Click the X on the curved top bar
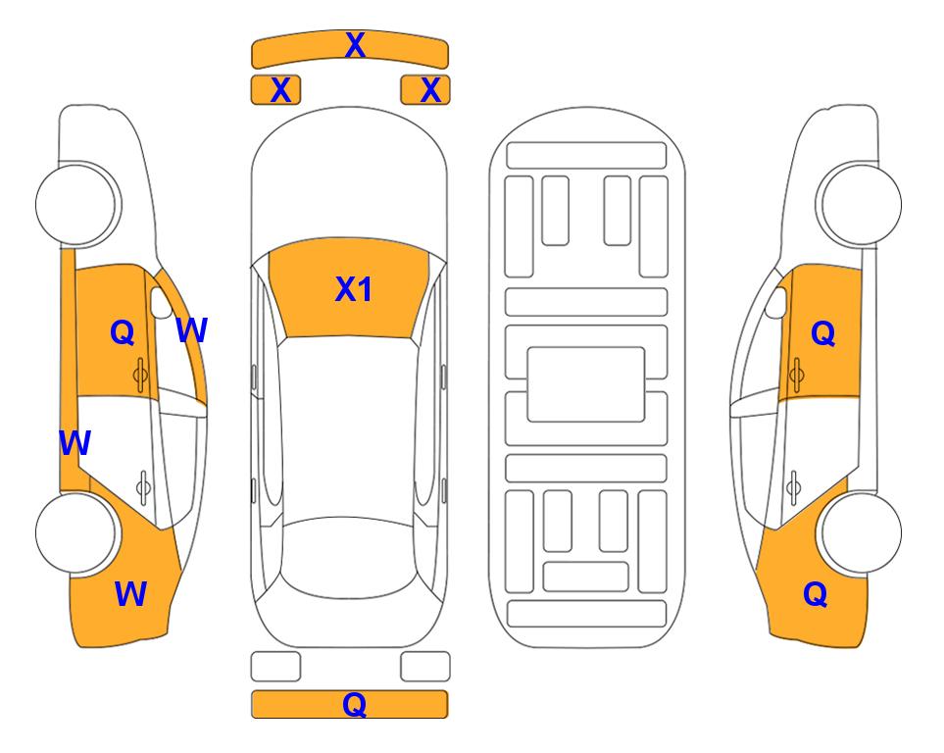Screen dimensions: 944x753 pyautogui.click(x=355, y=45)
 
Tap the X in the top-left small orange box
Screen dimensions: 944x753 pyautogui.click(x=280, y=90)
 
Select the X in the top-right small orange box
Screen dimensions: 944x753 pyautogui.click(x=430, y=90)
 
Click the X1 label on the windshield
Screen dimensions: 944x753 pyautogui.click(x=354, y=289)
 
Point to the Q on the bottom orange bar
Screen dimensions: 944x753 pyautogui.click(x=354, y=704)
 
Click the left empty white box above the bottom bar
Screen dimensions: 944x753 pyautogui.click(x=275, y=667)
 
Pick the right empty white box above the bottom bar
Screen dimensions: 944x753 pyautogui.click(x=425, y=667)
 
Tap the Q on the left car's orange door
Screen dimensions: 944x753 pyautogui.click(x=123, y=332)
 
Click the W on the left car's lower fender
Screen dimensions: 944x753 pyautogui.click(x=130, y=594)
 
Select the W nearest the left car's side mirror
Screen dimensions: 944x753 pyautogui.click(x=192, y=330)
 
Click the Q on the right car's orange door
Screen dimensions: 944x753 pyautogui.click(x=823, y=333)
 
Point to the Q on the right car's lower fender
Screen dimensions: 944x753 pyautogui.click(x=816, y=594)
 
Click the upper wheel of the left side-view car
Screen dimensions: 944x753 pyautogui.click(x=76, y=204)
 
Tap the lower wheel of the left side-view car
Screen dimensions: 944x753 pyautogui.click(x=76, y=532)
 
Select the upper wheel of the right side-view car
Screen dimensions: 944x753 pyautogui.click(x=861, y=204)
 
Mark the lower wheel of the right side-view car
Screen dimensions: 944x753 pyautogui.click(x=861, y=532)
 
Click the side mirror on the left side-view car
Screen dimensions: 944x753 pyautogui.click(x=161, y=302)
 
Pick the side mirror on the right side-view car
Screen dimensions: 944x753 pyautogui.click(x=776, y=302)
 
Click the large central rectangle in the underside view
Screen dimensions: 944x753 pyautogui.click(x=586, y=384)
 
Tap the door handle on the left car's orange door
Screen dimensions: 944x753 pyautogui.click(x=140, y=375)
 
